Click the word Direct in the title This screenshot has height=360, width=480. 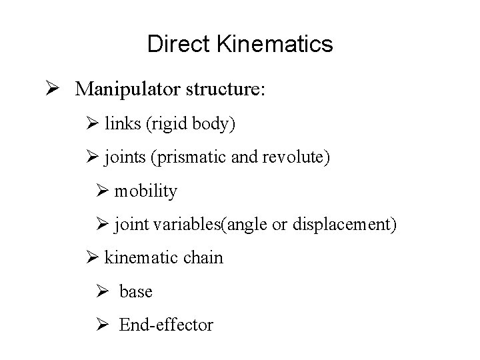point(171,45)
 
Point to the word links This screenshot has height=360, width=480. point(122,124)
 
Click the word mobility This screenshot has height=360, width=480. point(145,192)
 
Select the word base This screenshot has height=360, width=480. point(136,291)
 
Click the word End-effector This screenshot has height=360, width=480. point(166,325)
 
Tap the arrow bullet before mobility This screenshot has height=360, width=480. point(102,192)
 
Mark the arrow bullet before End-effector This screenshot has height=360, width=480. point(102,325)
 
